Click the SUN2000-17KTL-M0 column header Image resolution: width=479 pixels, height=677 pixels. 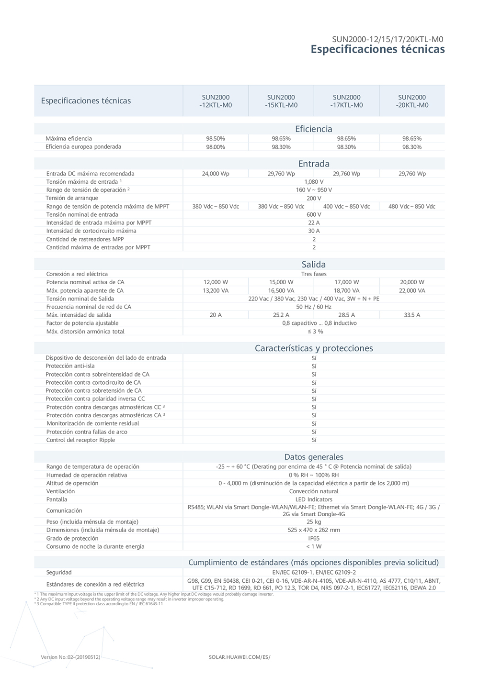pyautogui.click(x=346, y=101)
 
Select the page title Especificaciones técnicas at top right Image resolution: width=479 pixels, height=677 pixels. pyautogui.click(x=377, y=49)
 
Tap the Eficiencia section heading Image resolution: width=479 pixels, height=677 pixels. pyautogui.click(x=313, y=129)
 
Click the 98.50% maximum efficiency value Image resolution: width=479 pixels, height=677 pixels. pyautogui.click(x=216, y=139)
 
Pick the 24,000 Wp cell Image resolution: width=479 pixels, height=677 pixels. pyautogui.click(x=216, y=174)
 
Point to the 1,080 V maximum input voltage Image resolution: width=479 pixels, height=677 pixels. pyautogui.click(x=314, y=182)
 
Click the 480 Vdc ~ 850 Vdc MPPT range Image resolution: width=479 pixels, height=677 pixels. pyautogui.click(x=411, y=206)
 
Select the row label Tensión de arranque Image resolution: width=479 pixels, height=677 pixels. pyautogui.click(x=72, y=198)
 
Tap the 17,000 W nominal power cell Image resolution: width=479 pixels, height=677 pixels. pyautogui.click(x=346, y=282)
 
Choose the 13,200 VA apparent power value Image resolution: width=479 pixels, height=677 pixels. pyautogui.click(x=216, y=290)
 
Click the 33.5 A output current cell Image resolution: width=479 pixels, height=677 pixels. pyautogui.click(x=411, y=315)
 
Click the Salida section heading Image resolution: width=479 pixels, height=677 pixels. pyautogui.click(x=313, y=265)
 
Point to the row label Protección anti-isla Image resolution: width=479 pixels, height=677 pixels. pyautogui.click(x=70, y=366)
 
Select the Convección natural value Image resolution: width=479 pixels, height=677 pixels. pyautogui.click(x=314, y=491)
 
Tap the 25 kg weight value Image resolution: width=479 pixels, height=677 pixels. pyautogui.click(x=314, y=522)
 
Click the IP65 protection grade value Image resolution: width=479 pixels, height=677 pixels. pyautogui.click(x=314, y=538)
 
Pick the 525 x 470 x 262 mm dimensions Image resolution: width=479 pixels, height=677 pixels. pyautogui.click(x=314, y=530)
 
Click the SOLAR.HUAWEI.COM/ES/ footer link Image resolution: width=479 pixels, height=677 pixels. pyautogui.click(x=239, y=657)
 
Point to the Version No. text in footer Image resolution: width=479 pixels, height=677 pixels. pyautogui.click(x=70, y=657)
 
